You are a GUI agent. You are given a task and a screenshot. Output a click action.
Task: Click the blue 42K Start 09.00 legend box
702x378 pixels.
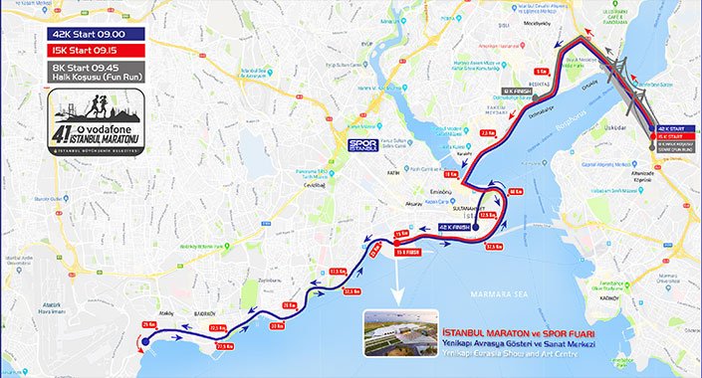[95, 33]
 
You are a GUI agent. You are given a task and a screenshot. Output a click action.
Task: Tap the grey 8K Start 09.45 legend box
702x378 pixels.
[95, 72]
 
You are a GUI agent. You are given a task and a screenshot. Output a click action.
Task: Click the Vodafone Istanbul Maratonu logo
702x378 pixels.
[96, 121]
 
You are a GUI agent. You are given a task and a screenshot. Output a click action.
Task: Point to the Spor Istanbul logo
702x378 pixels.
[362, 145]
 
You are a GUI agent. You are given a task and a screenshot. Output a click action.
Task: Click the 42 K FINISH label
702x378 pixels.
[457, 227]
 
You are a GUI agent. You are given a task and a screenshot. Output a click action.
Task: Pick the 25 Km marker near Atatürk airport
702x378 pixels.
[149, 324]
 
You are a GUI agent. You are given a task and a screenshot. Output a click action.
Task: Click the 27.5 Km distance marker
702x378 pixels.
[224, 345]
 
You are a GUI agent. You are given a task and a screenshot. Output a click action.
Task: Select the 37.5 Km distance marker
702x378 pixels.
[493, 247]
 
